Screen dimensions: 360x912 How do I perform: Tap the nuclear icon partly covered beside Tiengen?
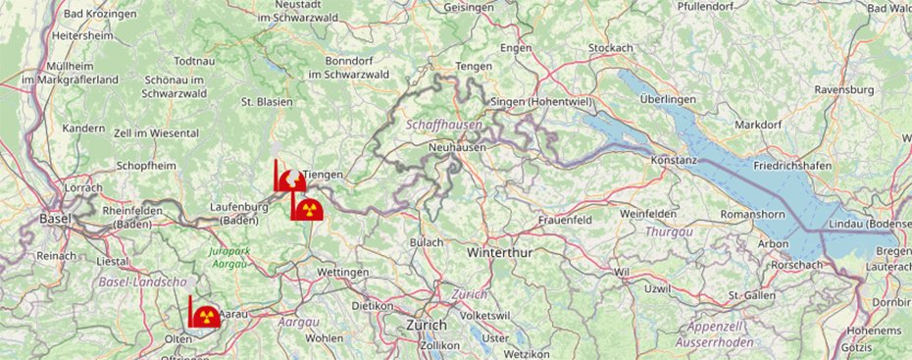coord(291,180)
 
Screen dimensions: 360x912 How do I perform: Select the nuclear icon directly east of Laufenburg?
coord(308,208)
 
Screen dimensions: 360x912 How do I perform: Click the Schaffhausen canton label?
coord(440,126)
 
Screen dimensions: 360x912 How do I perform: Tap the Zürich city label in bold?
coord(427,325)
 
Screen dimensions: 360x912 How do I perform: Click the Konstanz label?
coord(674,160)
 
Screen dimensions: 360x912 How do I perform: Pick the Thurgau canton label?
coord(670,231)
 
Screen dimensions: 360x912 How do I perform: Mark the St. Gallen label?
coord(752,295)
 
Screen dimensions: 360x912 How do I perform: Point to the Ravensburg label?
coord(842,89)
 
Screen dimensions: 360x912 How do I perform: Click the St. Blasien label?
coord(268,101)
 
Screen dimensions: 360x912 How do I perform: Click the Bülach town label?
coord(427,241)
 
